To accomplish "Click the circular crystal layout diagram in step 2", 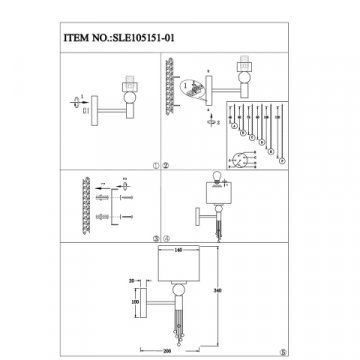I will [243, 157].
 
